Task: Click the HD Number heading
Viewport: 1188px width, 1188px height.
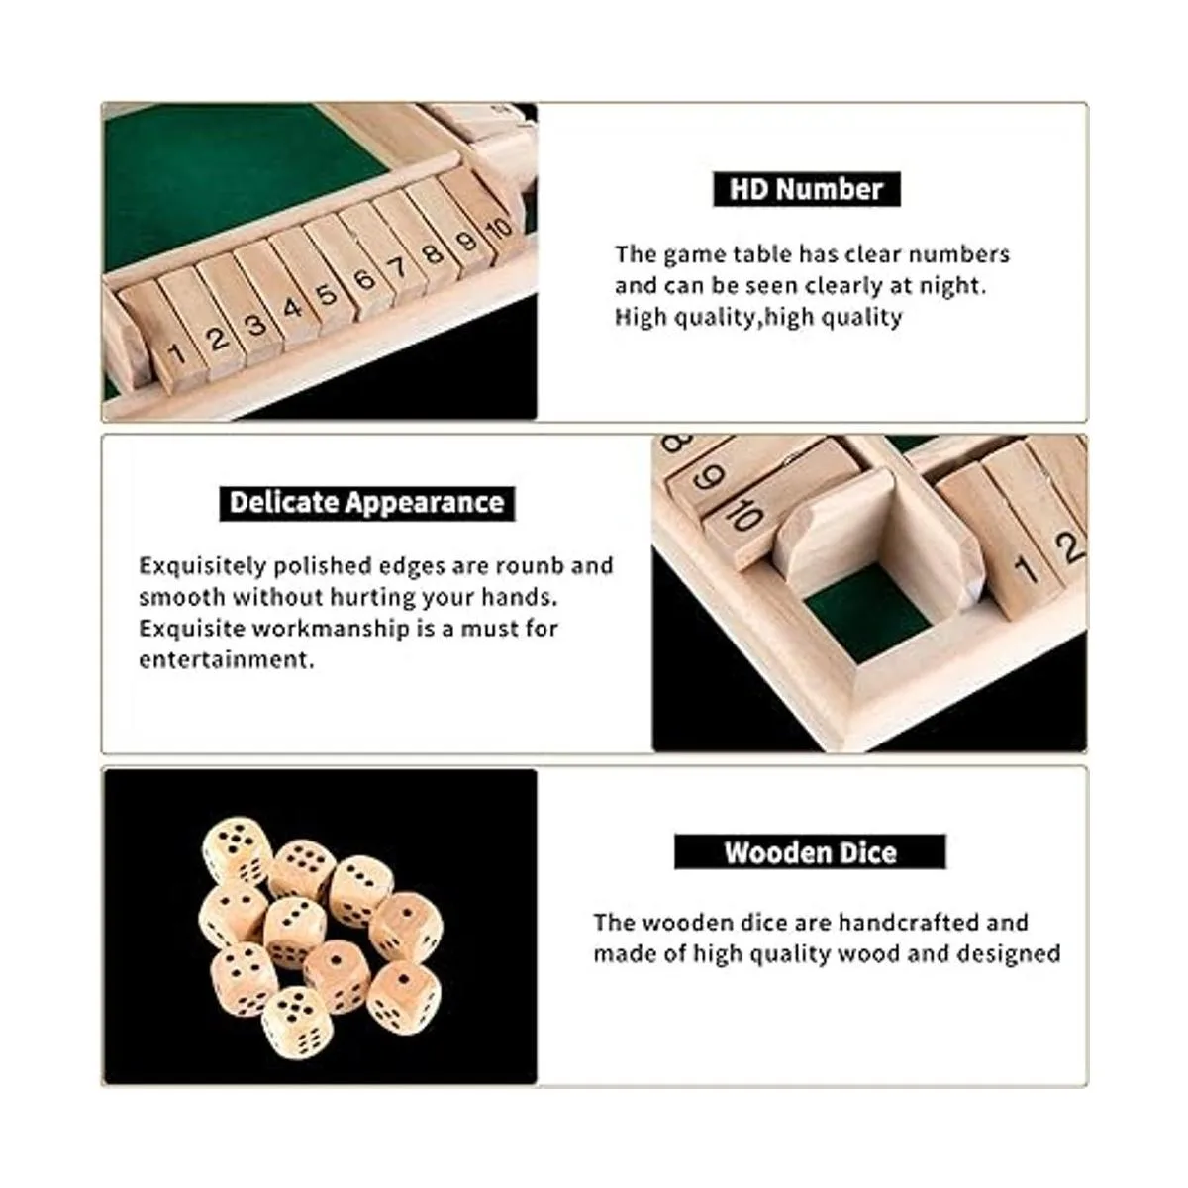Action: [x=807, y=189]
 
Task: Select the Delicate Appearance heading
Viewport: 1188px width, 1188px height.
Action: [x=367, y=503]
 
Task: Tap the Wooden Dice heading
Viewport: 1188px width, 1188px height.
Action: [x=810, y=852]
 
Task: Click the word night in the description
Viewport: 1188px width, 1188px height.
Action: [x=952, y=286]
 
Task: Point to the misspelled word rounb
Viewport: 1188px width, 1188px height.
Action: [x=531, y=566]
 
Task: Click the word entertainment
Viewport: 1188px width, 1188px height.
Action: [x=227, y=660]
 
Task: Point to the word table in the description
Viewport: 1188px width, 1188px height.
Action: [x=761, y=254]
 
